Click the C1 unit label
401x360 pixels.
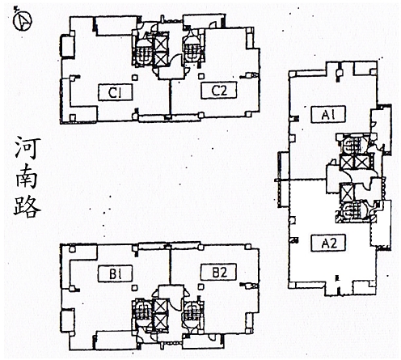point(115,92)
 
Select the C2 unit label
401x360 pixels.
point(218,91)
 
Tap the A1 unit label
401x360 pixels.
point(328,114)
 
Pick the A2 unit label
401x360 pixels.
point(328,244)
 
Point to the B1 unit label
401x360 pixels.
point(115,273)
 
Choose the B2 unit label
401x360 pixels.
point(218,272)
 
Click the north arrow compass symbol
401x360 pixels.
point(23,20)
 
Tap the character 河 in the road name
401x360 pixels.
point(27,148)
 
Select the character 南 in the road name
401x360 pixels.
point(27,177)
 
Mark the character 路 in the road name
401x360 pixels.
point(27,205)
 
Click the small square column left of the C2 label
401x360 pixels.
point(200,76)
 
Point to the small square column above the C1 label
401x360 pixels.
point(135,78)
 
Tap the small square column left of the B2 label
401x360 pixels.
point(200,286)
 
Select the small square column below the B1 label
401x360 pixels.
point(135,288)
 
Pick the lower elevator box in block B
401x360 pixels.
point(161,323)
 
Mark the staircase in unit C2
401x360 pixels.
point(192,50)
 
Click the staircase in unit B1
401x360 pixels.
point(141,312)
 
